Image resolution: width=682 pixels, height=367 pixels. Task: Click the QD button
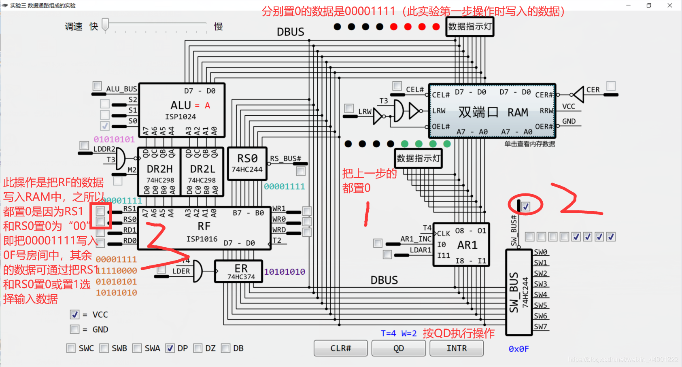point(398,348)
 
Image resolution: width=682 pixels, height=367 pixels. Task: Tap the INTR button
point(457,348)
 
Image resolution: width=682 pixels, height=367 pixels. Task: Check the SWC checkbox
point(71,348)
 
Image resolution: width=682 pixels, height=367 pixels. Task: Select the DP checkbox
point(170,348)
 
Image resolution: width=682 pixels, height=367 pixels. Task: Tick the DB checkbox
point(226,348)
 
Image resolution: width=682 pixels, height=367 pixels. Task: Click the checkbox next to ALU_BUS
point(97,86)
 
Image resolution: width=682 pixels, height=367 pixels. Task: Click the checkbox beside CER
point(611,86)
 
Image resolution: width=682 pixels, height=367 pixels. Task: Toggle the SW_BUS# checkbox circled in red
point(525,207)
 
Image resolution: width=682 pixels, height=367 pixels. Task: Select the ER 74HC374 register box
point(241,272)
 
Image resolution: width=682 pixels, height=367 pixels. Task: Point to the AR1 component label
point(467,245)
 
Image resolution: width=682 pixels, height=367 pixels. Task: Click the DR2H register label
point(159,169)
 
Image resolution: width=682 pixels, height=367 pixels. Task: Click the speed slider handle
point(105,25)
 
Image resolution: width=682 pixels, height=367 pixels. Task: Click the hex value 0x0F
point(518,349)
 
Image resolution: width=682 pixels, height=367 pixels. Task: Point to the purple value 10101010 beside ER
point(285,272)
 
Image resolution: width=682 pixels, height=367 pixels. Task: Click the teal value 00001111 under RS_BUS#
point(284,187)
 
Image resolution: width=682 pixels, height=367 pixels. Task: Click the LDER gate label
point(181,271)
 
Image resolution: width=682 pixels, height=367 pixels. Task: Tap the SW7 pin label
point(540,327)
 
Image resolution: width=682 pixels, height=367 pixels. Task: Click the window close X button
point(670,5)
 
